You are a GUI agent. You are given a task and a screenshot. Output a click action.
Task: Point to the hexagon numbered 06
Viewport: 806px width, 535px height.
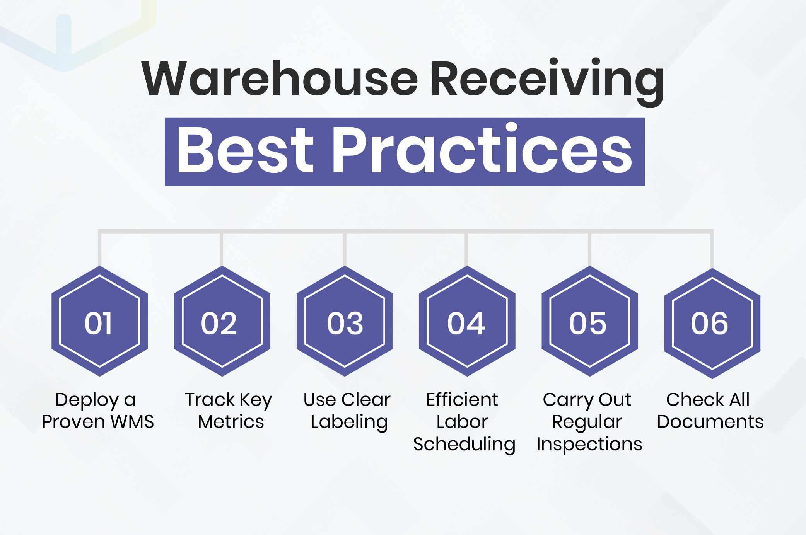712,323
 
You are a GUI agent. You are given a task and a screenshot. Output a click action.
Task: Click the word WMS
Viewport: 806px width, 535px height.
132,422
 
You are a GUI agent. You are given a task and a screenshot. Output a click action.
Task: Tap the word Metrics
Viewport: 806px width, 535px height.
231,422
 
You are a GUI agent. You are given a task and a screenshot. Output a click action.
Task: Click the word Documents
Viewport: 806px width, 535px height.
710,422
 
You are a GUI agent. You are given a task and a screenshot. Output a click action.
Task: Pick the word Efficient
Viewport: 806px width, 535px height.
462,400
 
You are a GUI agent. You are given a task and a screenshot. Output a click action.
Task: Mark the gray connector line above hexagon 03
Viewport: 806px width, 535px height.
344,249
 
